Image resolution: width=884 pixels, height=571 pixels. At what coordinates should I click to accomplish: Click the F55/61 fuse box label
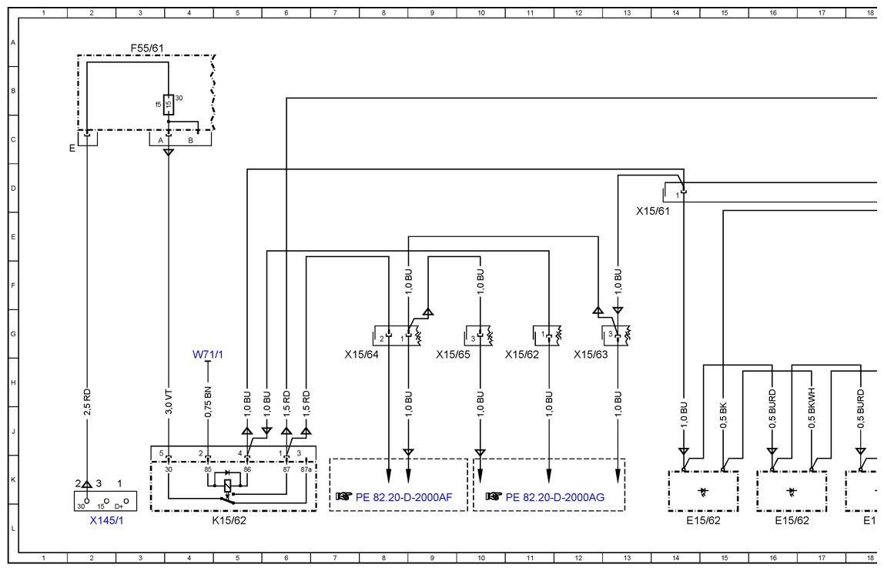point(147,48)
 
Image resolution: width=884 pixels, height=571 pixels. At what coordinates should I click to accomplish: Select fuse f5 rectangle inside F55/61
point(168,105)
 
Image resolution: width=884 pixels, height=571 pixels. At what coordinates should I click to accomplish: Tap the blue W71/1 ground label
point(207,355)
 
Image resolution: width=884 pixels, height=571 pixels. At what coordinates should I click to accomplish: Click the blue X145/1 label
point(106,520)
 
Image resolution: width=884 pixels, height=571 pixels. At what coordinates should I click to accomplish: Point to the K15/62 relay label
point(229,520)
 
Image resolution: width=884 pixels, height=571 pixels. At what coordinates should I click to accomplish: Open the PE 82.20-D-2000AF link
point(403,497)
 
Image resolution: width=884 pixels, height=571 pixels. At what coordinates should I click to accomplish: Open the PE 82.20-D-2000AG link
point(554,497)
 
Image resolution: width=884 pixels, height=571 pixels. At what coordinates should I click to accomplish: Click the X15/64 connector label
point(361,355)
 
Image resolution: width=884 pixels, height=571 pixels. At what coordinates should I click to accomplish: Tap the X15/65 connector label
point(453,355)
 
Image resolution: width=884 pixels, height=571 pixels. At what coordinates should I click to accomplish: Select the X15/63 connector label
point(591,355)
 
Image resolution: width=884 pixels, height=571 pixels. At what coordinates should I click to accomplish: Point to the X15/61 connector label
point(653,212)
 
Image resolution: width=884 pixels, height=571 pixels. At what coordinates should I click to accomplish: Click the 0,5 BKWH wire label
point(812,408)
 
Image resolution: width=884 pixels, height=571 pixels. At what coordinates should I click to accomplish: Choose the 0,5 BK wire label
point(724,415)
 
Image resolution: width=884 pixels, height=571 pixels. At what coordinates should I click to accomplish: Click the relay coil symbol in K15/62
point(228,486)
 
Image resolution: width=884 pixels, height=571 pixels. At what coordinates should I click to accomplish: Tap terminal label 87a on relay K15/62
point(306,469)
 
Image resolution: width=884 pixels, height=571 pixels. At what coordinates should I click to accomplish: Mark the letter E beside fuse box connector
point(72,149)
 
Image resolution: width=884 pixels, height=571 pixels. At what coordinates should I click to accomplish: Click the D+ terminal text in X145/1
point(119,506)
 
